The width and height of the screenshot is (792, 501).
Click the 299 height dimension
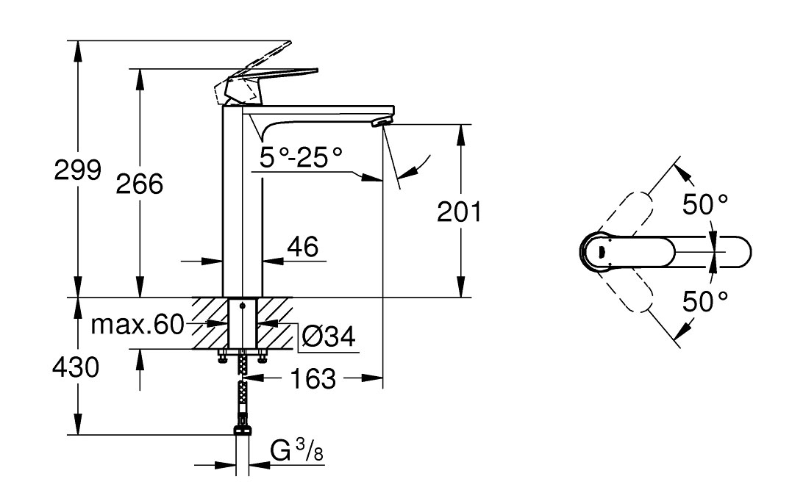click(78, 170)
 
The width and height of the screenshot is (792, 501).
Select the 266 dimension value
click(140, 184)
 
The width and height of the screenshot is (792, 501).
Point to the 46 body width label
click(303, 247)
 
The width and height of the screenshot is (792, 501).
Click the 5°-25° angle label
click(301, 158)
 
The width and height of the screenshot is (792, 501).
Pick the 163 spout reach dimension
click(313, 378)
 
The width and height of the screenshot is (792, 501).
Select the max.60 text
click(138, 325)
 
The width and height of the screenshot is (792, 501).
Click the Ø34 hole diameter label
click(328, 336)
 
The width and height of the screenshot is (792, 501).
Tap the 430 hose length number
click(76, 367)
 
